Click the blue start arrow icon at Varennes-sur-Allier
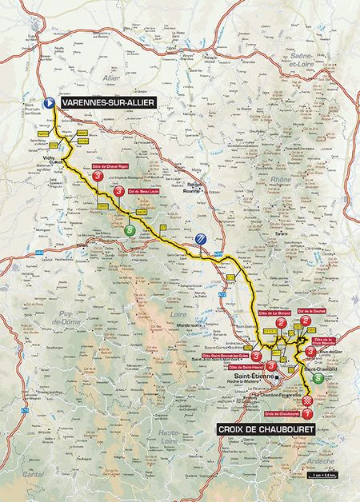(49, 102)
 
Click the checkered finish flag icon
(307, 395)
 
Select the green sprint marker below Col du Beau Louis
(130, 230)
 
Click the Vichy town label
(42, 160)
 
